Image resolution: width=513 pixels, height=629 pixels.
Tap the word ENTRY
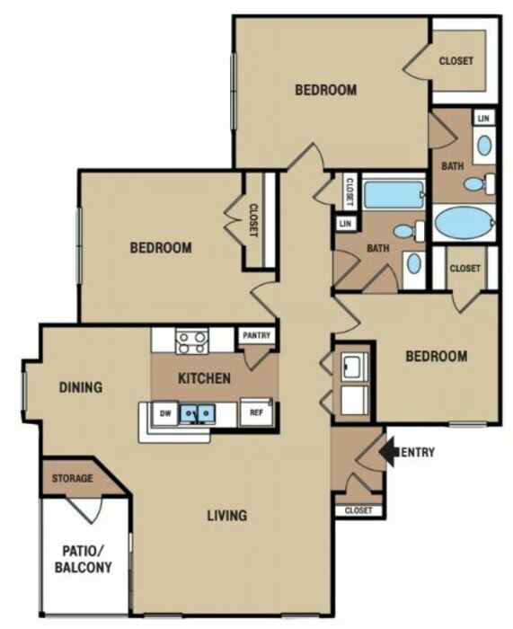pos(418,453)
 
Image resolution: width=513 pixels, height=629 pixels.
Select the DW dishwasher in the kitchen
pos(165,413)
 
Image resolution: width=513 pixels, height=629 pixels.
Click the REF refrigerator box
pos(256,412)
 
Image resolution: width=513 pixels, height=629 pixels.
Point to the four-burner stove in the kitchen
pos(191,341)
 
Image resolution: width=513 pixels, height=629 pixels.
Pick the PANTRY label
pos(257,335)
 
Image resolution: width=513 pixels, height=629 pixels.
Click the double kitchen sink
pos(197,413)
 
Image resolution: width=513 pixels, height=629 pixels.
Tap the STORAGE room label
pos(72,478)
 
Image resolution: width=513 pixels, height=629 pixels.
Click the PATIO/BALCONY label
pos(84,559)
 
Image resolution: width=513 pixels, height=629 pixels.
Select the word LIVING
pos(227,516)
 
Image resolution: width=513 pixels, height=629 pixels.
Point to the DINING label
pos(81,387)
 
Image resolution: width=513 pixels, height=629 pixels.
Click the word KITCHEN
pos(204,378)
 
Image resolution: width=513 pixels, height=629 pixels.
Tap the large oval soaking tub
pos(464,223)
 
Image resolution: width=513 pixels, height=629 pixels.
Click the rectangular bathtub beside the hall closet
pos(394,195)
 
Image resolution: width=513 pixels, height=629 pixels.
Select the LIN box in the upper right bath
pos(483,119)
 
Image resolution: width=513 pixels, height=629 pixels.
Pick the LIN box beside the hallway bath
pos(345,224)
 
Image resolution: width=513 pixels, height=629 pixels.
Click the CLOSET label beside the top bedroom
pos(456,61)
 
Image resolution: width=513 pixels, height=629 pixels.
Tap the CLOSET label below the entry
pos(358,510)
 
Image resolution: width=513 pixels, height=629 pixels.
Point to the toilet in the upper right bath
pos(480,184)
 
